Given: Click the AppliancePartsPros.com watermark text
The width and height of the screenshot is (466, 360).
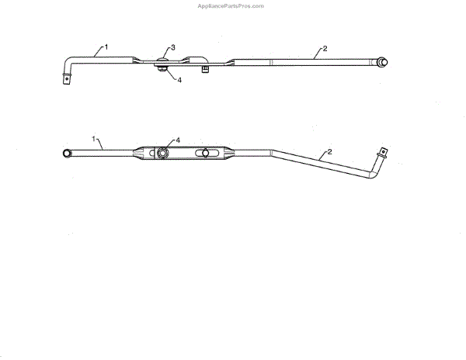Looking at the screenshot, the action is (x=232, y=5).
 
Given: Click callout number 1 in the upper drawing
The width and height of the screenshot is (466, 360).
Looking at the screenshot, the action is (x=106, y=47).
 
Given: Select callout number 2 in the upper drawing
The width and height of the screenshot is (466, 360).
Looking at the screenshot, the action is (x=325, y=48).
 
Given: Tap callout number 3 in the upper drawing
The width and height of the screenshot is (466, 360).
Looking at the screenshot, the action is (x=173, y=48).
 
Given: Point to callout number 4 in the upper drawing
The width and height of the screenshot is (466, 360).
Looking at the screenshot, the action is (x=179, y=79).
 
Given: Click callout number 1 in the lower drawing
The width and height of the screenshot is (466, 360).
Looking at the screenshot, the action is (x=95, y=139).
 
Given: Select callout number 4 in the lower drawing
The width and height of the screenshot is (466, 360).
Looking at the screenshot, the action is (x=178, y=140).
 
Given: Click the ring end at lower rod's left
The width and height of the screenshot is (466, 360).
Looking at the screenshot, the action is (x=68, y=154).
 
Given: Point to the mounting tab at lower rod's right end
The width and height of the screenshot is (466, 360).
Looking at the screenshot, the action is (x=382, y=152).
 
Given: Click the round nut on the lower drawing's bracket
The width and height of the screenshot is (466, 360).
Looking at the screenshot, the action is (x=162, y=154).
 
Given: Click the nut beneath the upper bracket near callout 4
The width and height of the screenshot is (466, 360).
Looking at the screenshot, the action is (x=162, y=71).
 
